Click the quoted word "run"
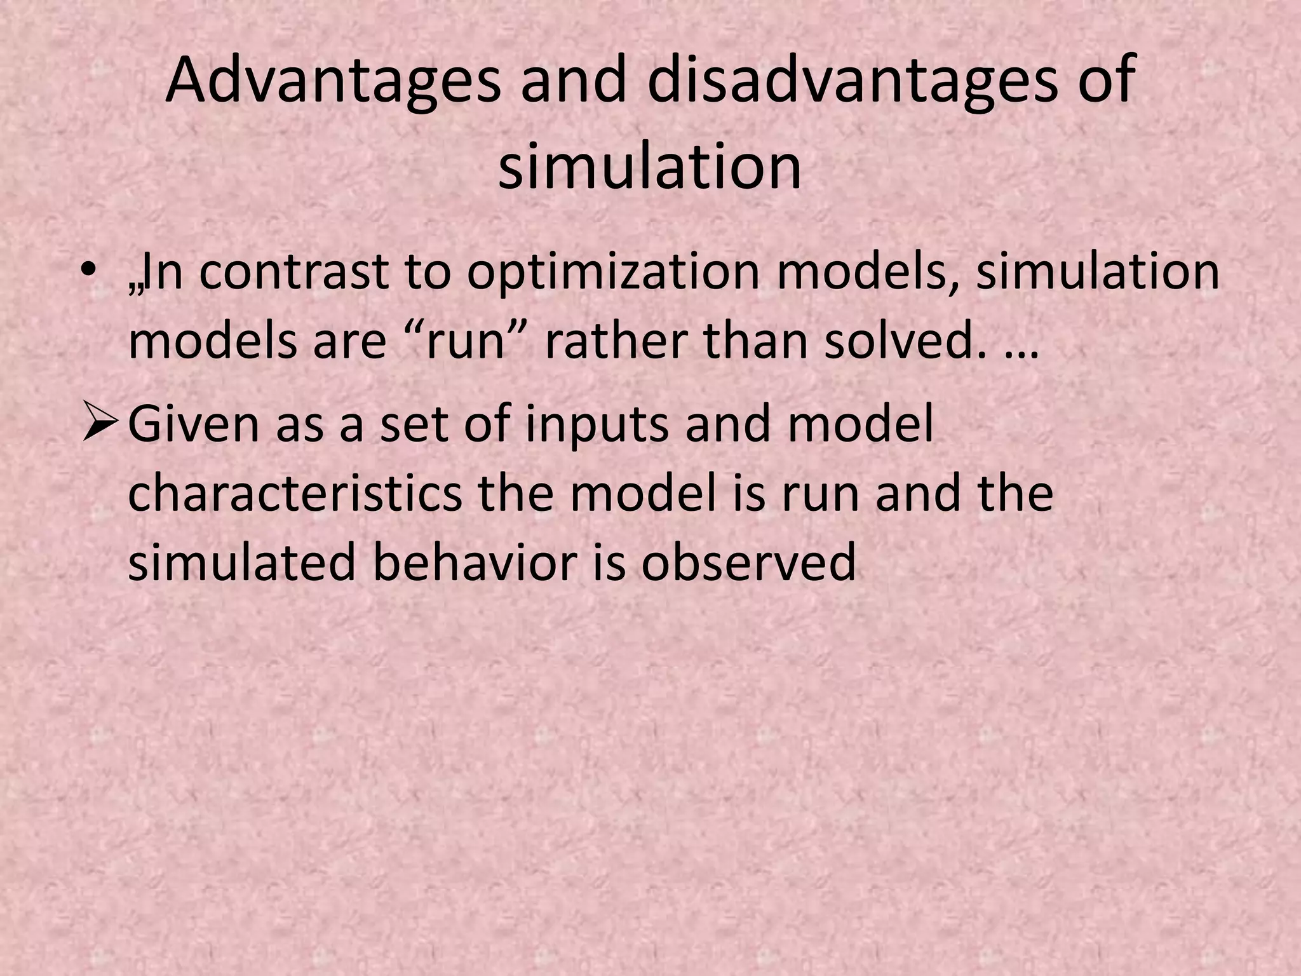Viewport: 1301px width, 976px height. coord(473,341)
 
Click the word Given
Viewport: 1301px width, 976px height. coord(193,424)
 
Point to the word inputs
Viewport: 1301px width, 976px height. coord(597,424)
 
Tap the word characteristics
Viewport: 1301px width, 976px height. coord(295,494)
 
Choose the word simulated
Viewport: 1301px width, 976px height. coord(241,562)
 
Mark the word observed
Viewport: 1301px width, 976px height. coord(748,562)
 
